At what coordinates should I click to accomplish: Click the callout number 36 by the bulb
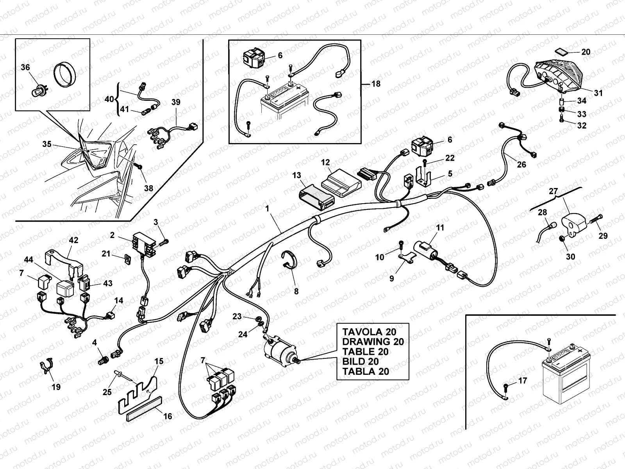(x=25, y=68)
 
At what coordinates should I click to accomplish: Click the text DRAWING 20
(x=373, y=342)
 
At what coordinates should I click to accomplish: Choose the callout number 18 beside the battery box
(x=376, y=84)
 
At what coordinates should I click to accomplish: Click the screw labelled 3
(x=164, y=242)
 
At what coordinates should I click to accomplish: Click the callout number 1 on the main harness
(x=268, y=209)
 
